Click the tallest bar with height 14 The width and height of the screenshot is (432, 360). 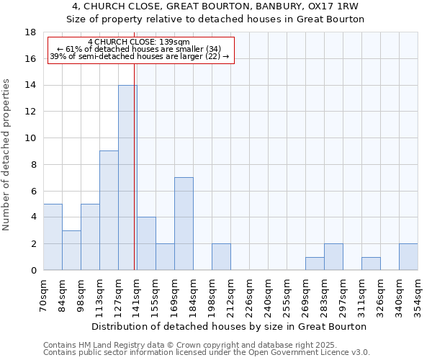[x=127, y=178]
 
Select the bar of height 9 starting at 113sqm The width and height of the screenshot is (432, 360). [x=109, y=210]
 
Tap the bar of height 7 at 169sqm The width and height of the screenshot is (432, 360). [x=184, y=223]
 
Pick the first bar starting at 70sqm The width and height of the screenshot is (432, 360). [x=53, y=237]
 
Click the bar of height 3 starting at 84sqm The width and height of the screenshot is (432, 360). [x=71, y=250]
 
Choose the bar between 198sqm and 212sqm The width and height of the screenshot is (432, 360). [x=221, y=257]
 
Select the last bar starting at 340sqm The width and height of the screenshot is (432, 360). [x=408, y=257]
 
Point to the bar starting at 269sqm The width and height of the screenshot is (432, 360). [x=315, y=264]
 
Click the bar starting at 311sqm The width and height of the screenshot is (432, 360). [x=371, y=264]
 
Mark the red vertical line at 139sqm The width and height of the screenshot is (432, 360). [x=135, y=173]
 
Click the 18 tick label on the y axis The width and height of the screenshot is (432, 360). [x=30, y=32]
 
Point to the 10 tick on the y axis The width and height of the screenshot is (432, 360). [x=30, y=138]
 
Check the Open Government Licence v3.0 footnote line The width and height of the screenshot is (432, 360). [x=207, y=353]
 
